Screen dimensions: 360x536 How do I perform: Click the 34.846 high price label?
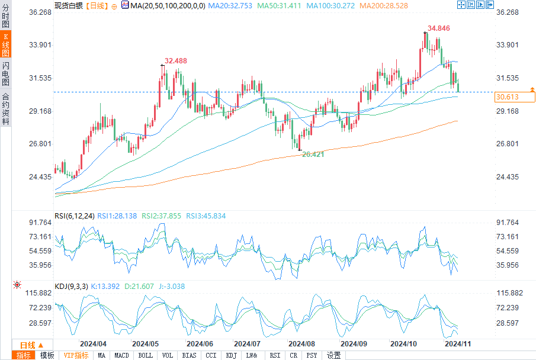[439, 28]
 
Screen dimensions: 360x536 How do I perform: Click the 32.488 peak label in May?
[176, 61]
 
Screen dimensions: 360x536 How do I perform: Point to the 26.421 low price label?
[313, 154]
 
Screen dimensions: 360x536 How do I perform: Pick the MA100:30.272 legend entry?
[328, 5]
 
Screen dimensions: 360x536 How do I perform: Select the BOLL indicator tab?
[145, 355]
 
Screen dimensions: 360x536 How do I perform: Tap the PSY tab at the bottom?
[312, 355]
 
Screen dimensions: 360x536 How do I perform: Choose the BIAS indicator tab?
[190, 355]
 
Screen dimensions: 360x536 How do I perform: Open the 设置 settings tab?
[333, 355]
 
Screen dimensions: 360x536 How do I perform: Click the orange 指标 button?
[24, 355]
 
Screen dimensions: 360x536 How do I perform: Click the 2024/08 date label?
[301, 343]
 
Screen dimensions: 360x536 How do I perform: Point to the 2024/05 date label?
[145, 343]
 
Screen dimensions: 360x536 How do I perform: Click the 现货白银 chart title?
[69, 5]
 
